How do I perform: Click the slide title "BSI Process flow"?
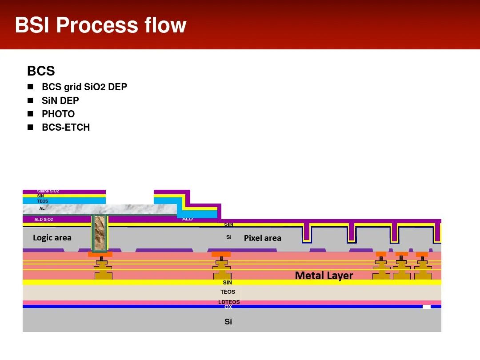(x=100, y=25)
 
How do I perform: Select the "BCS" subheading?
(x=41, y=71)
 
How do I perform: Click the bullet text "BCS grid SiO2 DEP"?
(x=84, y=87)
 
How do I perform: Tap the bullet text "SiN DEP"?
(x=60, y=101)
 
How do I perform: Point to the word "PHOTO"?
(x=58, y=114)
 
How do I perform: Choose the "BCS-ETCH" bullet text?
(x=66, y=128)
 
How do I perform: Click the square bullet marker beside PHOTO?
(x=30, y=114)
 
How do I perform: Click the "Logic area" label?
(x=52, y=238)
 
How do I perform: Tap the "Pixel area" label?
(x=262, y=238)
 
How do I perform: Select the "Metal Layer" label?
(x=324, y=276)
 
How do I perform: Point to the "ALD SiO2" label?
(x=44, y=220)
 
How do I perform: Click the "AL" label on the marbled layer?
(x=42, y=208)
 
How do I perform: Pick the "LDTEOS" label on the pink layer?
(x=229, y=302)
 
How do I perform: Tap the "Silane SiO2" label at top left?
(x=48, y=191)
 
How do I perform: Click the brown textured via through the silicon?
(x=100, y=233)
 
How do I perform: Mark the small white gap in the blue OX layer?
(x=426, y=307)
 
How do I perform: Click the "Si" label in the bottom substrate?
(x=228, y=322)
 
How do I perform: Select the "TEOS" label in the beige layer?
(x=228, y=292)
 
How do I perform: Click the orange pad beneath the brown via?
(x=100, y=255)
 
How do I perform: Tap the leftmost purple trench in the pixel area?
(x=306, y=232)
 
